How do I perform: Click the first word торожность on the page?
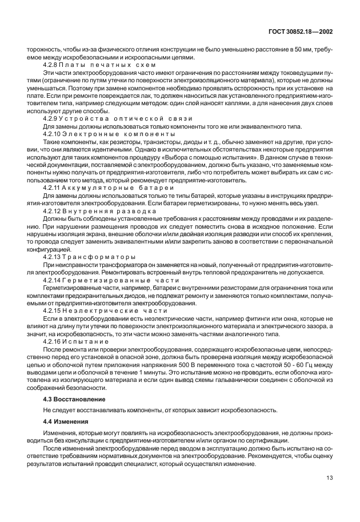(x=43, y=50)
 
